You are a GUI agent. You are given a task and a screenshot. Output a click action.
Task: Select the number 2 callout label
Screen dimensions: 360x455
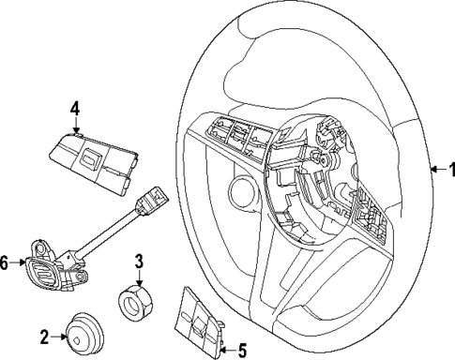tap(43, 335)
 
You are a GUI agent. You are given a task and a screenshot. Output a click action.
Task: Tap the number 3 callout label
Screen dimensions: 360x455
tap(138, 261)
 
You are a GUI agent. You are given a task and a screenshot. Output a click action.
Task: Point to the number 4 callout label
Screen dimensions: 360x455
tap(75, 109)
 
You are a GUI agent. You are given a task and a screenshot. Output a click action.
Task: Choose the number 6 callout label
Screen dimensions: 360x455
tap(6, 264)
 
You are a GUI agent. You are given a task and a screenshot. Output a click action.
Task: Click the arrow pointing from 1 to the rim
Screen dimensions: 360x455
tap(435, 170)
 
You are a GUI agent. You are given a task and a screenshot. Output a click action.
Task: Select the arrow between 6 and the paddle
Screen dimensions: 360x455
tap(19, 264)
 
